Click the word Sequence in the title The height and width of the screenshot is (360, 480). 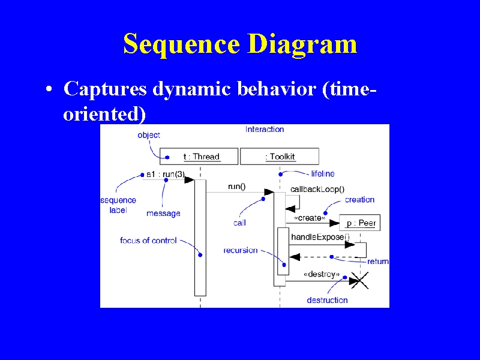coord(182,44)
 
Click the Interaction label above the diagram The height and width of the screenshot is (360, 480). coord(265,129)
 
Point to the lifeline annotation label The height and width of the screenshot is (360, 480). coord(323,173)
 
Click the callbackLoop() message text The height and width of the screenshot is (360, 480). coord(317,190)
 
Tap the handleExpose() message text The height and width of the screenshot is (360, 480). coord(320,237)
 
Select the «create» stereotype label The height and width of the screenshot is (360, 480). coord(310,218)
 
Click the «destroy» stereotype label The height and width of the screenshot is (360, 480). coord(322,274)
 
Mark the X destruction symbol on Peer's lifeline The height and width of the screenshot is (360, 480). coord(359,280)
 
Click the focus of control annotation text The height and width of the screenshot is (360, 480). coord(148,241)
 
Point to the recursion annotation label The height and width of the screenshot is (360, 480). coord(241,250)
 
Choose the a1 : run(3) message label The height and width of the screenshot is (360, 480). coord(166,174)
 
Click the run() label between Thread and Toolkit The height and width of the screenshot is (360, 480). coord(236,187)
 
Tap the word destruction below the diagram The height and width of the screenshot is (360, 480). coord(327,300)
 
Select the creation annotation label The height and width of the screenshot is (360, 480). coord(359,200)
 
